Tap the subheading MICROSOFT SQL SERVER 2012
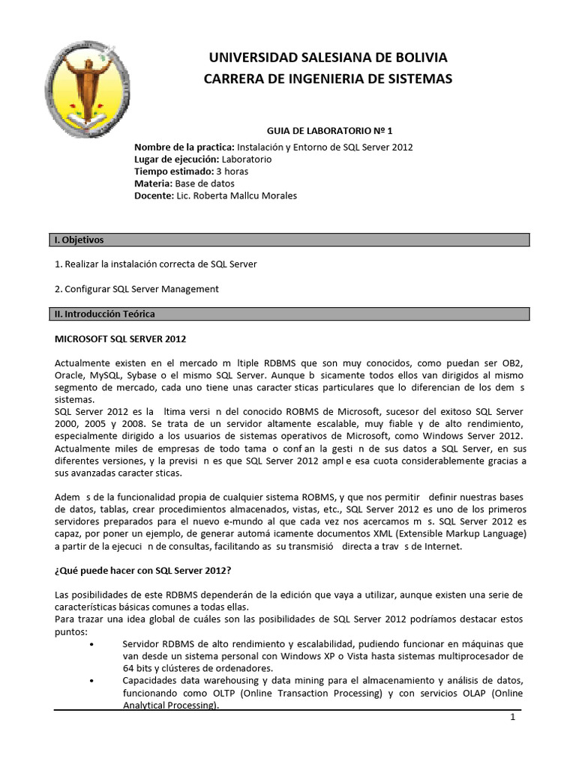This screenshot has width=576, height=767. [121, 338]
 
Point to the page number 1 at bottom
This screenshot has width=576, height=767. [513, 717]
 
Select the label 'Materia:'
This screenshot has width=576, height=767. [153, 183]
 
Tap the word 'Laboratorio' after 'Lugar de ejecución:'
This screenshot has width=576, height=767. [247, 159]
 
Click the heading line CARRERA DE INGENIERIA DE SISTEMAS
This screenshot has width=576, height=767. [328, 79]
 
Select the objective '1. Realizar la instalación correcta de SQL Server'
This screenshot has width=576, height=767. [161, 264]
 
